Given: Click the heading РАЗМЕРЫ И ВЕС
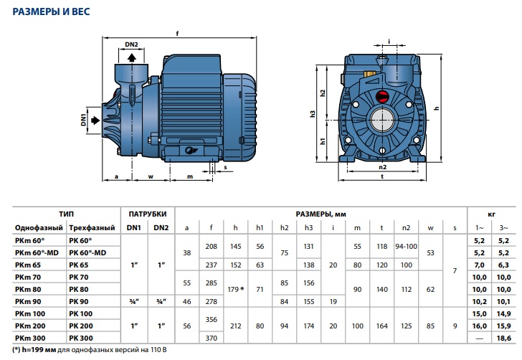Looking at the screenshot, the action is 52,11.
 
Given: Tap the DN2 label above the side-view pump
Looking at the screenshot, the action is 131,44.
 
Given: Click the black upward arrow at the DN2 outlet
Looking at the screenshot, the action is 132,58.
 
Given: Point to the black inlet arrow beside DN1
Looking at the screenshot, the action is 95,120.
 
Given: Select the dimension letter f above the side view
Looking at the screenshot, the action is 177,33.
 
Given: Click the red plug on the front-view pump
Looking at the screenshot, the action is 382,96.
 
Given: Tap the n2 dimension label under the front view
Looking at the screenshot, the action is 382,167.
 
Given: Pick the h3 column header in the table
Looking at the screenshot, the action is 308,228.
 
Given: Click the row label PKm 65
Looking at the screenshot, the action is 28,265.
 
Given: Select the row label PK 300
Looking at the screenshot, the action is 81,338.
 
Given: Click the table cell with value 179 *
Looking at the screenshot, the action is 235,290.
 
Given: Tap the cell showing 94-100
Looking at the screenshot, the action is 406,247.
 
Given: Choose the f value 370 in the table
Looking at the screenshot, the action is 211,338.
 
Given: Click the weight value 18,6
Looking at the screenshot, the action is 503,338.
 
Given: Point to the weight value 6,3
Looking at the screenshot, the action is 503,265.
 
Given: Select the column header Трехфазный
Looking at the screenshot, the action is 92,228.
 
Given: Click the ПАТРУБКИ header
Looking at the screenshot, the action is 148,214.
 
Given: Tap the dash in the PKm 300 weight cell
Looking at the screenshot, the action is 480,338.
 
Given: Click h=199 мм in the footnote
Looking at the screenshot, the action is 39,350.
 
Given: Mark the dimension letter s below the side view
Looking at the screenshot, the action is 225,167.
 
